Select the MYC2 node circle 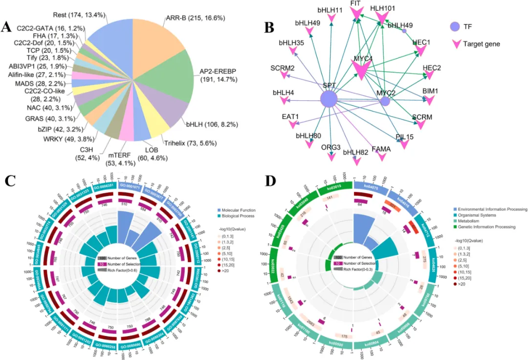(385, 101)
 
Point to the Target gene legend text (481, 44)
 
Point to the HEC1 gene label (421, 43)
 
